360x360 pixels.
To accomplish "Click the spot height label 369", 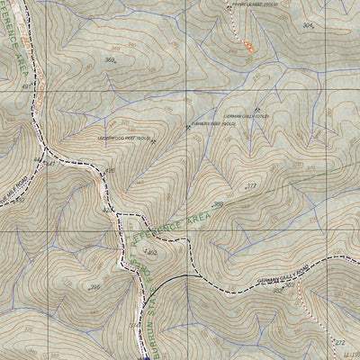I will tap(110, 60).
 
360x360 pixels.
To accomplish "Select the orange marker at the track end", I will tap(247, 47).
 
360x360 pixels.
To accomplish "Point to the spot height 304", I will tap(308, 25).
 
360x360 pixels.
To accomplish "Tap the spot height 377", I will tap(251, 185).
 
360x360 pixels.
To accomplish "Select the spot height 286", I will tap(94, 287).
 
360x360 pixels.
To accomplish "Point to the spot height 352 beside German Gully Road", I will tap(151, 254).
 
